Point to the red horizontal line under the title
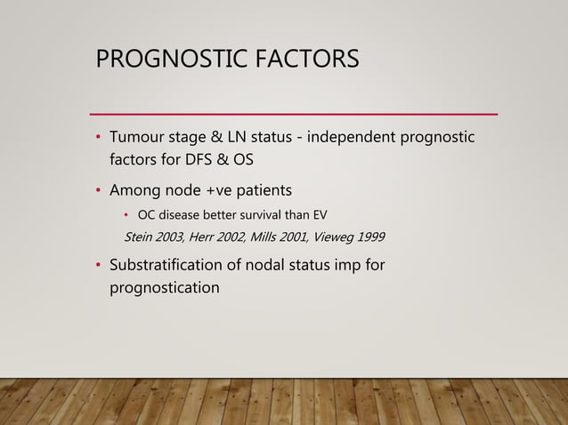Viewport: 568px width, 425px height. coord(295,114)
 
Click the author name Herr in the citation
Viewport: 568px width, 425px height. coord(205,237)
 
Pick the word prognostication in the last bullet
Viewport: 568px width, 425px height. coord(164,288)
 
